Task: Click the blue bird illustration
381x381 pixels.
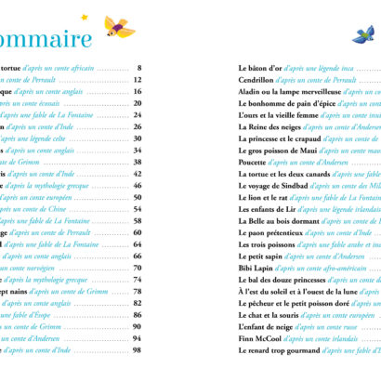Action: (x=361, y=34)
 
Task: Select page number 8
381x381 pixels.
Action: (x=138, y=69)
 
